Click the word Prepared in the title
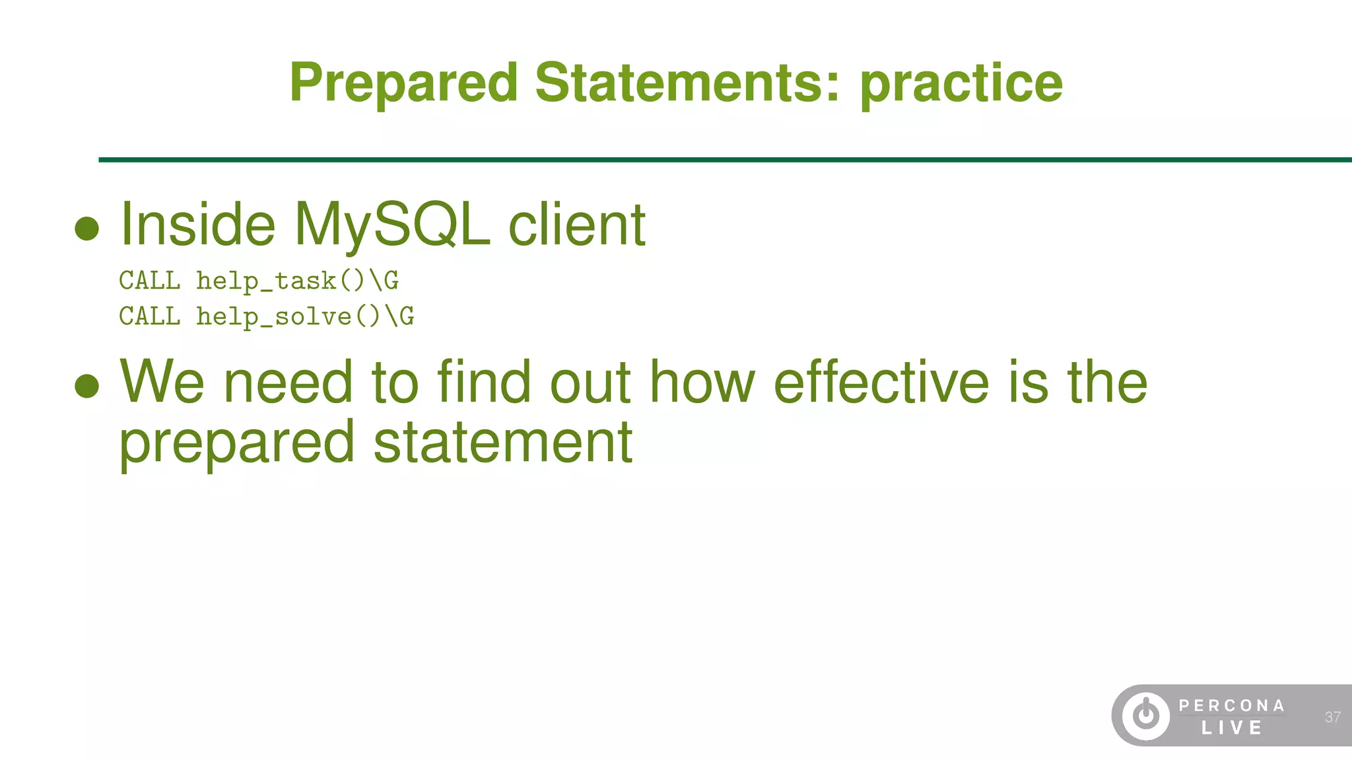(x=403, y=83)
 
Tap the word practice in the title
(x=961, y=83)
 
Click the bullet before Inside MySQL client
(x=87, y=229)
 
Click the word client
(x=576, y=225)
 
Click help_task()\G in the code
(x=297, y=281)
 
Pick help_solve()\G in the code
(x=305, y=317)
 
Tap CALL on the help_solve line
(x=149, y=316)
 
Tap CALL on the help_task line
(x=149, y=281)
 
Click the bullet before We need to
(x=87, y=386)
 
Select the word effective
(x=881, y=382)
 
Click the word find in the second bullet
(x=484, y=382)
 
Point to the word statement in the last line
(x=502, y=443)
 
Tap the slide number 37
(x=1332, y=717)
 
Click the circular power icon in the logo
(x=1146, y=715)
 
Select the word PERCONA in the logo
(x=1232, y=706)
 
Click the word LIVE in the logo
(x=1232, y=728)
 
